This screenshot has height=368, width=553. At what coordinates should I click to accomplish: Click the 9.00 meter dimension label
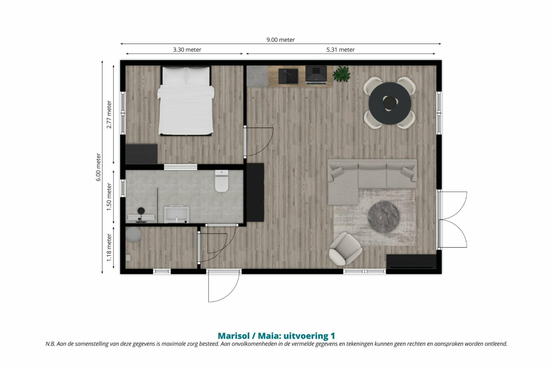280,40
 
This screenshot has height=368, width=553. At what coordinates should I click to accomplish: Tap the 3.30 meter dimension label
187,50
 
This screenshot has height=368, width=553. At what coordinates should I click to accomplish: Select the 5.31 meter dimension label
340,50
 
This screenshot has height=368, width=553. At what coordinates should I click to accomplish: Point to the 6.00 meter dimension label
98,167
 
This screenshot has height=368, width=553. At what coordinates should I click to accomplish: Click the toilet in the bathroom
222,181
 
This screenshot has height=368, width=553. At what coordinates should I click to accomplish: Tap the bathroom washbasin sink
177,214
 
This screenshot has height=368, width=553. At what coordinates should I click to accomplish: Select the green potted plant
342,74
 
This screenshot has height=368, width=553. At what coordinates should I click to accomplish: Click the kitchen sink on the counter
288,76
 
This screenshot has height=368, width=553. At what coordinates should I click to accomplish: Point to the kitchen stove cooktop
316,75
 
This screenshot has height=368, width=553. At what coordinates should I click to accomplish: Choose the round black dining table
390,103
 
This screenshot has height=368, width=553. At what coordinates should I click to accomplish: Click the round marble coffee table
384,217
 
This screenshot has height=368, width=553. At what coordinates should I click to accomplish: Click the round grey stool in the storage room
134,235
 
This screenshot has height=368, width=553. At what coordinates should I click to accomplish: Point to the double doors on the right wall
453,219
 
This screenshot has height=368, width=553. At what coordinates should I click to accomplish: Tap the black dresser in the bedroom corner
142,154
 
